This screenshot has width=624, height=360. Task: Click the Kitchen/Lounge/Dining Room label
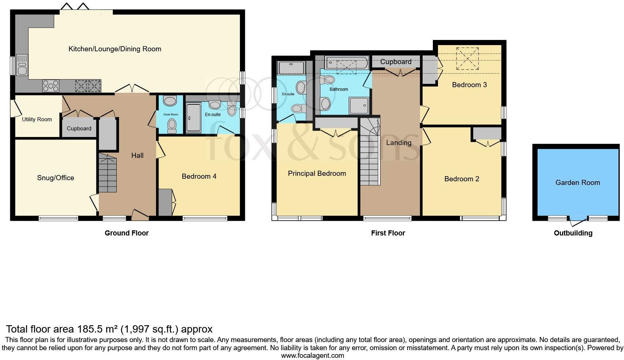[x=115, y=49]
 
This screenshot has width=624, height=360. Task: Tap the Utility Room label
[x=37, y=119]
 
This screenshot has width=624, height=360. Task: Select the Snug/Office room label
[x=56, y=178]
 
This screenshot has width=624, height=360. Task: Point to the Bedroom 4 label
[x=199, y=176]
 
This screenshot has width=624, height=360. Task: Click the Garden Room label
[x=577, y=182]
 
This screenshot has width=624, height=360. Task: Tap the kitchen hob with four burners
[x=51, y=86]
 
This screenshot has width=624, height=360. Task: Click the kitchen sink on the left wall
[x=22, y=64]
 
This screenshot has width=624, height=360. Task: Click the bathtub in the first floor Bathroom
[x=346, y=63]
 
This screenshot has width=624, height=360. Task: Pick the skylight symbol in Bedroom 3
[x=467, y=59]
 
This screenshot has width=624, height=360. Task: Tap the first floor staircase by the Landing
[x=369, y=152]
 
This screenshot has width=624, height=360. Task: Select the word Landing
[x=398, y=142]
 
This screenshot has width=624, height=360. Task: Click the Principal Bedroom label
[x=317, y=173]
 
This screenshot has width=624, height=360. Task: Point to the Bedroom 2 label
[x=461, y=179]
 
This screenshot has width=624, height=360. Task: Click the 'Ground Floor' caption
[x=126, y=233]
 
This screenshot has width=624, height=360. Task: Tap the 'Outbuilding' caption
[x=573, y=233]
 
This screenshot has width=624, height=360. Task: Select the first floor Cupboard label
[x=395, y=62]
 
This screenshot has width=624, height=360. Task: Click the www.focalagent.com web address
[x=312, y=355]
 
